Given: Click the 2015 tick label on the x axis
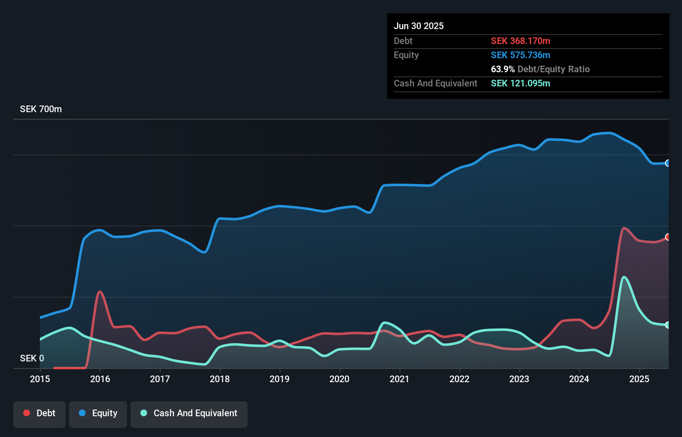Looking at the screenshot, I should click(40, 379).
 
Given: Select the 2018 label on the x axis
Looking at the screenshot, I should click(220, 379).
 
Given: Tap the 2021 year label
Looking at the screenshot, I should click(399, 379).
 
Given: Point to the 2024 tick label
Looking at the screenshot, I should click(579, 379).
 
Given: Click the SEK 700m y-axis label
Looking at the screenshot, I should click(41, 109).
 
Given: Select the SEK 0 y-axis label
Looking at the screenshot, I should click(32, 358).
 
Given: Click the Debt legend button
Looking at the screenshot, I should click(39, 413).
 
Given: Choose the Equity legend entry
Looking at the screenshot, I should click(98, 413).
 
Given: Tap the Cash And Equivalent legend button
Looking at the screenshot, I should click(189, 413).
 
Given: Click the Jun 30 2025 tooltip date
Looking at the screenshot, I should click(419, 26).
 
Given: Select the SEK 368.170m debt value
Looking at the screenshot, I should click(520, 41).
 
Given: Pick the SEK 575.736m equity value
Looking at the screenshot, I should click(520, 55).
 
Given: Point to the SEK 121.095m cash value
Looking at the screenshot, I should click(520, 83).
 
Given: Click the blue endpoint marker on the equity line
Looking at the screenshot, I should click(667, 163).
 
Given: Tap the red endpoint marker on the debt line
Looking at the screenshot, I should click(667, 237).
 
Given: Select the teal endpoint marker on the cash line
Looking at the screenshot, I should click(667, 325).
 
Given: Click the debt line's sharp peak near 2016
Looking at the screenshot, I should click(100, 292).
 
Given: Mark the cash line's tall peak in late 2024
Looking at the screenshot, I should click(624, 277).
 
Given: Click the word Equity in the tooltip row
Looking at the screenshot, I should click(406, 55).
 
